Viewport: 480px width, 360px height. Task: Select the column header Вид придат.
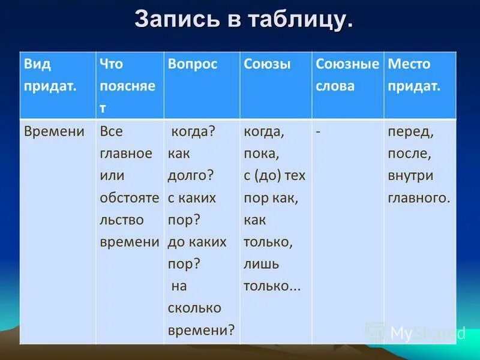click(x=50, y=75)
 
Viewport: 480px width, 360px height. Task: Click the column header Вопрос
click(x=193, y=64)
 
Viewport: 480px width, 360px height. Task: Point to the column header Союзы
click(x=267, y=64)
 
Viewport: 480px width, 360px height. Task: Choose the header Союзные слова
click(x=347, y=75)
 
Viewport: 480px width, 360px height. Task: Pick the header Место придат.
click(x=414, y=75)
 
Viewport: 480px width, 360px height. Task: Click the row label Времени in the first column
click(x=54, y=131)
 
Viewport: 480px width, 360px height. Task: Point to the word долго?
click(x=191, y=176)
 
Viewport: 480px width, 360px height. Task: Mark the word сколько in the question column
click(x=194, y=308)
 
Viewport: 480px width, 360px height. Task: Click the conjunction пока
click(x=261, y=154)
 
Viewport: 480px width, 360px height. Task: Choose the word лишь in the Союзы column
click(x=261, y=264)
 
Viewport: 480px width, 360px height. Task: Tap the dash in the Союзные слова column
click(x=318, y=131)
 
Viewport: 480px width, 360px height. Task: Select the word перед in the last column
click(x=410, y=131)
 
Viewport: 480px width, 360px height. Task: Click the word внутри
click(x=410, y=176)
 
